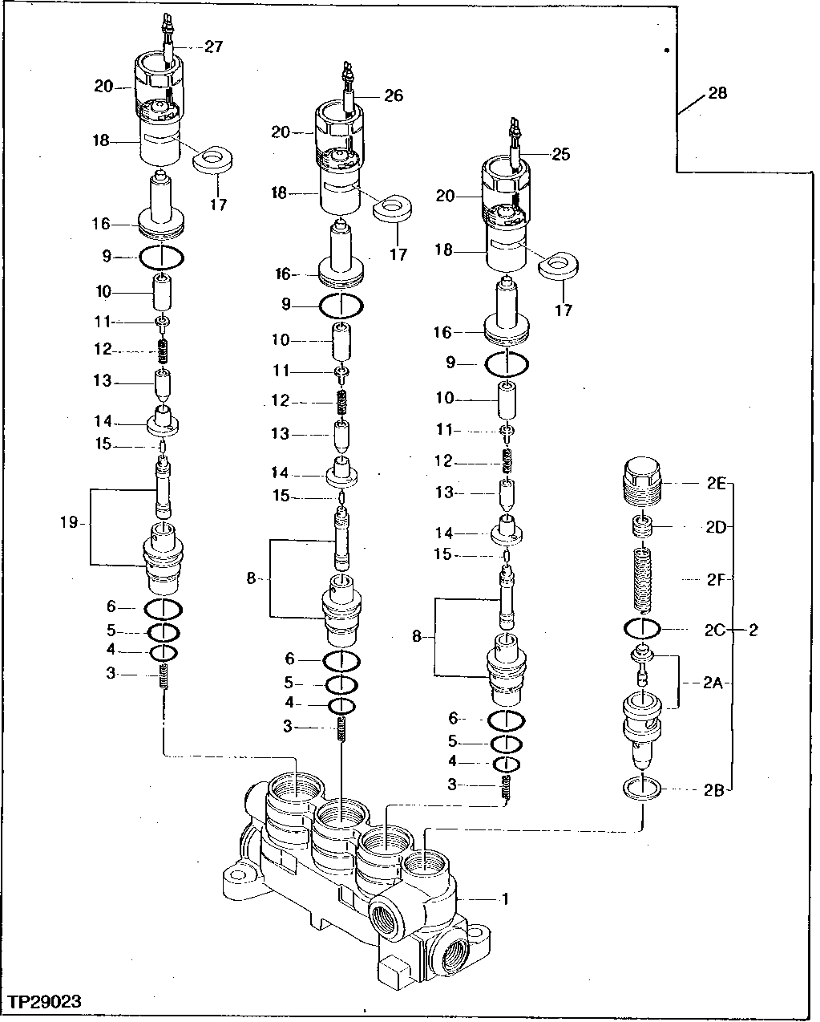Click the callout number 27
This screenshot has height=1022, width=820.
213,47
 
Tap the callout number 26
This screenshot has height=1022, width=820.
394,95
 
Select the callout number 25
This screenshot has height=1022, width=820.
561,154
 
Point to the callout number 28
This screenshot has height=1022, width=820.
717,94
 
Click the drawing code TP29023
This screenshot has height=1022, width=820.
46,1002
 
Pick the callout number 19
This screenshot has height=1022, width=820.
68,523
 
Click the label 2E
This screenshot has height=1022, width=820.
716,485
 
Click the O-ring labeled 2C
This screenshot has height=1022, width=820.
640,627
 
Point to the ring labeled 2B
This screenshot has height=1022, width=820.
641,789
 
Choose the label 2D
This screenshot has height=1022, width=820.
716,527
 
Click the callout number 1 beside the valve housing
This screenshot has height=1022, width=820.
505,898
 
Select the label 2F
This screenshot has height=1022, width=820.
716,578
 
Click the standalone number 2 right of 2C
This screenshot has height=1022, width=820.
753,630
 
